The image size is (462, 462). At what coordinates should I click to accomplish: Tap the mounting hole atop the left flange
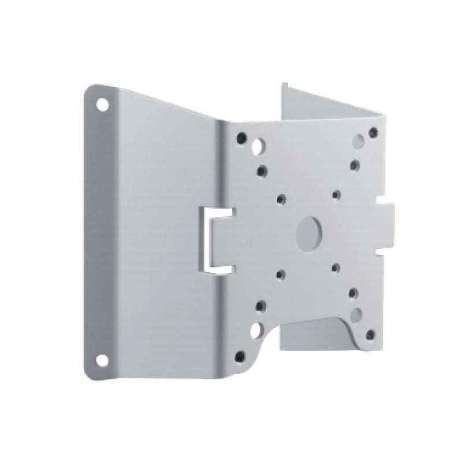(x=102, y=106)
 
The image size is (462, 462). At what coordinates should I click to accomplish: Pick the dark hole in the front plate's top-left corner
(x=242, y=138)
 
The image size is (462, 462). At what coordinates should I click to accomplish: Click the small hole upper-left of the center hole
(x=281, y=199)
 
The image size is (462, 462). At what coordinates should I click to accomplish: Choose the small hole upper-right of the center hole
(x=335, y=195)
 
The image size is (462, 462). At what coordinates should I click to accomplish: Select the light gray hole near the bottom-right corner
(x=359, y=314)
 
